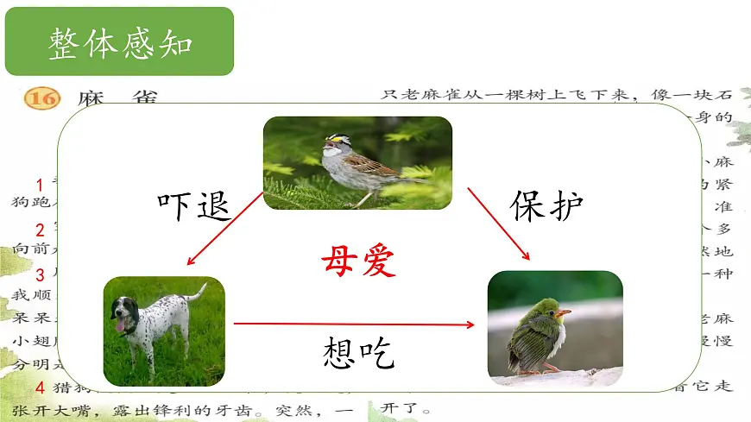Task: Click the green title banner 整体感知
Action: point(120,42)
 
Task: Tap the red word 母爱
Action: point(358,259)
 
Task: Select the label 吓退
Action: point(194,205)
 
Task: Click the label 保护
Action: point(547,205)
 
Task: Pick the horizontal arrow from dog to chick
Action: point(354,324)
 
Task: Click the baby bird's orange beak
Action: point(562,312)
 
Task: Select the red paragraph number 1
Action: point(40,185)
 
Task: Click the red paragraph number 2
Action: point(40,230)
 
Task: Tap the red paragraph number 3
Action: point(40,275)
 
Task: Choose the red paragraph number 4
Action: point(40,387)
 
